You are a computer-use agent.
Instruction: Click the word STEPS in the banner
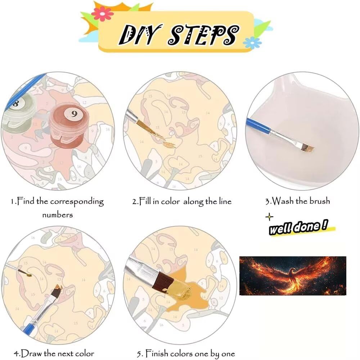[x=203, y=35]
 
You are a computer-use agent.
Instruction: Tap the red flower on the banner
[x=102, y=13]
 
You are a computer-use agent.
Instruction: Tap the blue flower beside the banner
[x=252, y=43]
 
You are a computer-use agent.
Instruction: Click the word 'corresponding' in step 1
[x=77, y=202]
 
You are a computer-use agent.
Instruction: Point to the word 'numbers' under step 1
[x=57, y=215]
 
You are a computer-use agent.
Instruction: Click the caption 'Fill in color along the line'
[x=181, y=201]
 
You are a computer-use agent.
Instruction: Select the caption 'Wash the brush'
[x=298, y=201]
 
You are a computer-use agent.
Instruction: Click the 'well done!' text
[x=298, y=228]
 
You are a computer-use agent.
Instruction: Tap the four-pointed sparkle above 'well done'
[x=269, y=217]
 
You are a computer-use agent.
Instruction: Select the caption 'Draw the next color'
[x=54, y=353]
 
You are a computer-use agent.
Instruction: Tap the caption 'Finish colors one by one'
[x=186, y=354]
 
